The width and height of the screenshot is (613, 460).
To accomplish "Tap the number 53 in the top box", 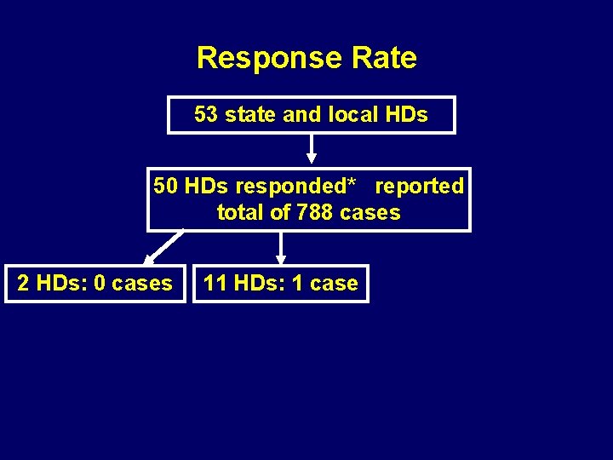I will click(206, 114).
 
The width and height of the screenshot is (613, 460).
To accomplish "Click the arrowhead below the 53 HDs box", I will click(312, 157).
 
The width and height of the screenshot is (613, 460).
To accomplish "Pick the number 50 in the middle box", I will click(166, 186).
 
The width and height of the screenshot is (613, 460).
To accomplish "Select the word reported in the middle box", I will click(420, 186).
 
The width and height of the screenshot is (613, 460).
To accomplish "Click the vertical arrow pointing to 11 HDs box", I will click(281, 248).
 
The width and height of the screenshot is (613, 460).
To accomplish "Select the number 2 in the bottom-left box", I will click(23, 284).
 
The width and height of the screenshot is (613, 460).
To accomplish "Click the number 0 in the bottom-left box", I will click(100, 284).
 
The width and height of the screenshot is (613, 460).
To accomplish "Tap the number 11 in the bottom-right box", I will click(215, 284).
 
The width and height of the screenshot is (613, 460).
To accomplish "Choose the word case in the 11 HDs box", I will click(334, 284).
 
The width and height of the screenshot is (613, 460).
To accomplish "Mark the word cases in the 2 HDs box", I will click(142, 284).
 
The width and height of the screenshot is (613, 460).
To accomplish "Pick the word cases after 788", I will click(370, 212).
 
